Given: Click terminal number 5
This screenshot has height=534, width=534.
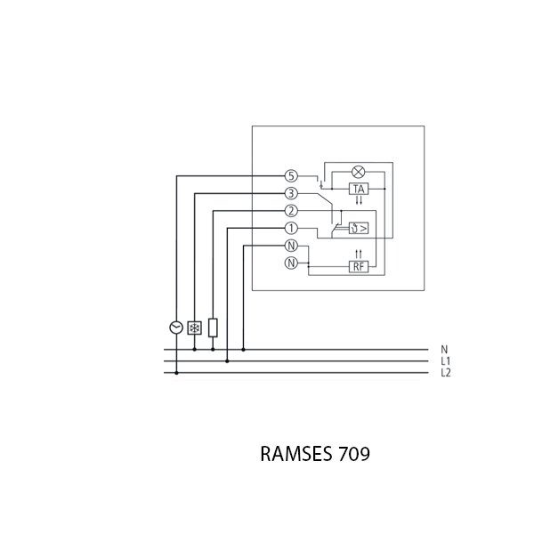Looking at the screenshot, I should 291,175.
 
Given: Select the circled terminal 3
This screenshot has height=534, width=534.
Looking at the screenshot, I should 291,193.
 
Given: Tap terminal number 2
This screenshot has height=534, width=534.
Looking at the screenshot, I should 291,211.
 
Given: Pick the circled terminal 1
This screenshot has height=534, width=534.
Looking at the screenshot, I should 291,228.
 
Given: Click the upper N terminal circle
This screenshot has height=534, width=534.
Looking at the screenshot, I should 291,246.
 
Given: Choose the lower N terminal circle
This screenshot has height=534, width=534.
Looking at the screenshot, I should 291,263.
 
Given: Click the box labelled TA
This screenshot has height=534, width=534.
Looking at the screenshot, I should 360,190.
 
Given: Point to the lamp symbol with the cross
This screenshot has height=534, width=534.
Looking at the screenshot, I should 360,173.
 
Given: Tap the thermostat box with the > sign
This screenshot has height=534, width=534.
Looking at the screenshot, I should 358,228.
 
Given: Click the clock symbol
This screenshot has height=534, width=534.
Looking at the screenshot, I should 175,328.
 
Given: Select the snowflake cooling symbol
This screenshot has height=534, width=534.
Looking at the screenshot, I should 194,328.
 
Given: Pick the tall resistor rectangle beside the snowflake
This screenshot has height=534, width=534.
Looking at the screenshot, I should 213,327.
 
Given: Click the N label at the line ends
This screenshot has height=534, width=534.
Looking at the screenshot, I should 444,350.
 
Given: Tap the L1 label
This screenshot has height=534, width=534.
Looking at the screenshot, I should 445,361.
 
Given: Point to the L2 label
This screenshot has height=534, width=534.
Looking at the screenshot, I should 446,373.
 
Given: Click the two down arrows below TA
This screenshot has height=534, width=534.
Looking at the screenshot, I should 360,203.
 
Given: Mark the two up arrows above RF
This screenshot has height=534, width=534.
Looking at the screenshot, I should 360,254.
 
